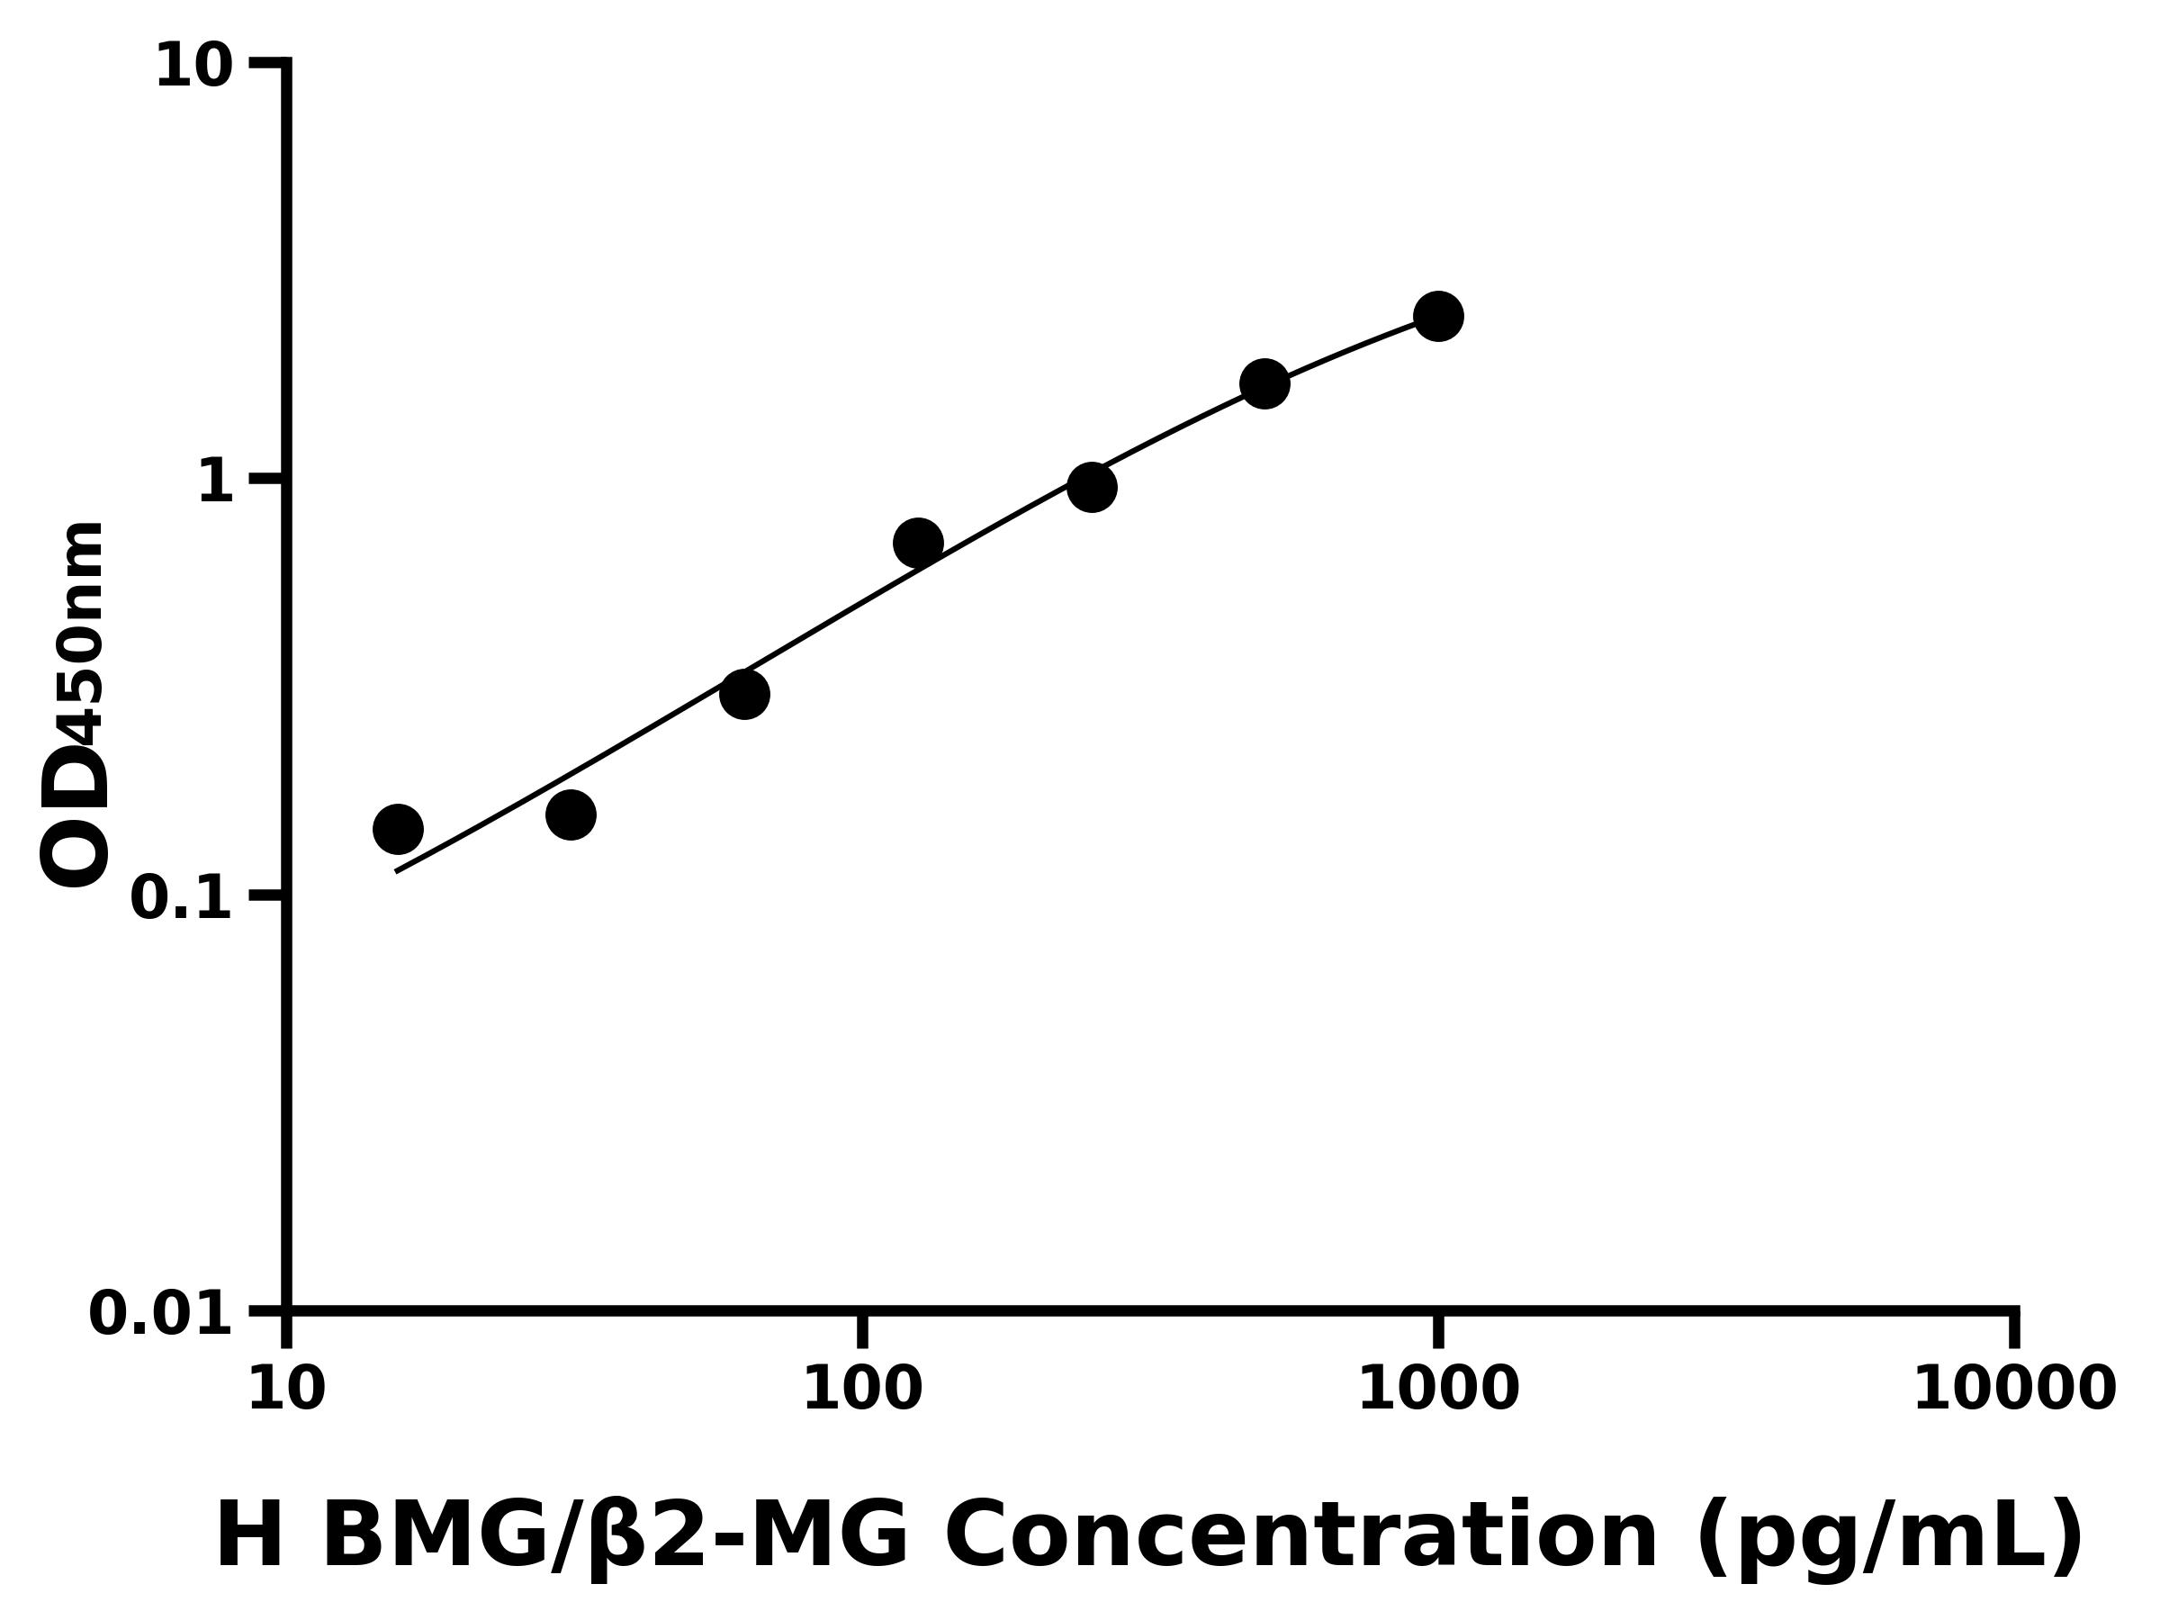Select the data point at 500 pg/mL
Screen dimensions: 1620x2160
point(1264,383)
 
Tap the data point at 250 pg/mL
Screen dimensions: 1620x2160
point(1092,487)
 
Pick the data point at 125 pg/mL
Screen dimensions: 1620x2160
point(918,543)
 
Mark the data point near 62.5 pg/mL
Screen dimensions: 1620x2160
point(744,694)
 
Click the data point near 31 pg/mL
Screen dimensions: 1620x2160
point(571,814)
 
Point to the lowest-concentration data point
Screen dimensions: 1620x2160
point(398,830)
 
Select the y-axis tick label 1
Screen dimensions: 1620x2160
point(216,482)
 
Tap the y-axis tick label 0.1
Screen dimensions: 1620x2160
point(182,898)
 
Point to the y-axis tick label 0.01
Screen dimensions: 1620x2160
point(161,1314)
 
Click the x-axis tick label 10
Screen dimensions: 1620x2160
point(286,1390)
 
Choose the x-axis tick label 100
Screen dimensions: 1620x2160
point(862,1390)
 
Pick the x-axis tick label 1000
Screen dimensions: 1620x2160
point(1438,1390)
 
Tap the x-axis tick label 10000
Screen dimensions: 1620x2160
point(2013,1390)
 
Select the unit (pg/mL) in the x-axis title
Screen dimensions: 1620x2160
point(1892,1539)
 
